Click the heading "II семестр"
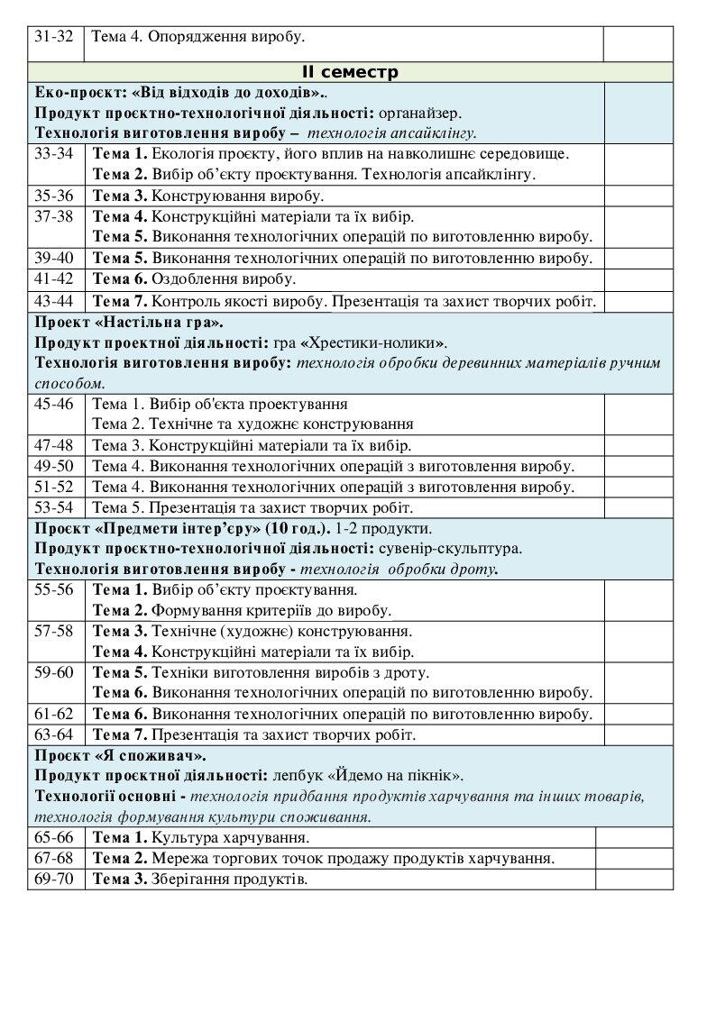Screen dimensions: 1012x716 point(350,72)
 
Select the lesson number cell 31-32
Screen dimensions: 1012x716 point(53,37)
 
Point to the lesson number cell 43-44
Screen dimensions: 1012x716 point(53,301)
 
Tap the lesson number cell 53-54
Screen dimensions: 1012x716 point(53,506)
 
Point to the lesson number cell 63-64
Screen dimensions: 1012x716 point(53,734)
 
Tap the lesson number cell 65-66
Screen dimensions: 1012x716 point(53,837)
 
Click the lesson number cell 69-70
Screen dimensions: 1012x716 point(53,879)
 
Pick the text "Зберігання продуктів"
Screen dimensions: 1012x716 point(229,879)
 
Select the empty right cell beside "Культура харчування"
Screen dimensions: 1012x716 point(635,837)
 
